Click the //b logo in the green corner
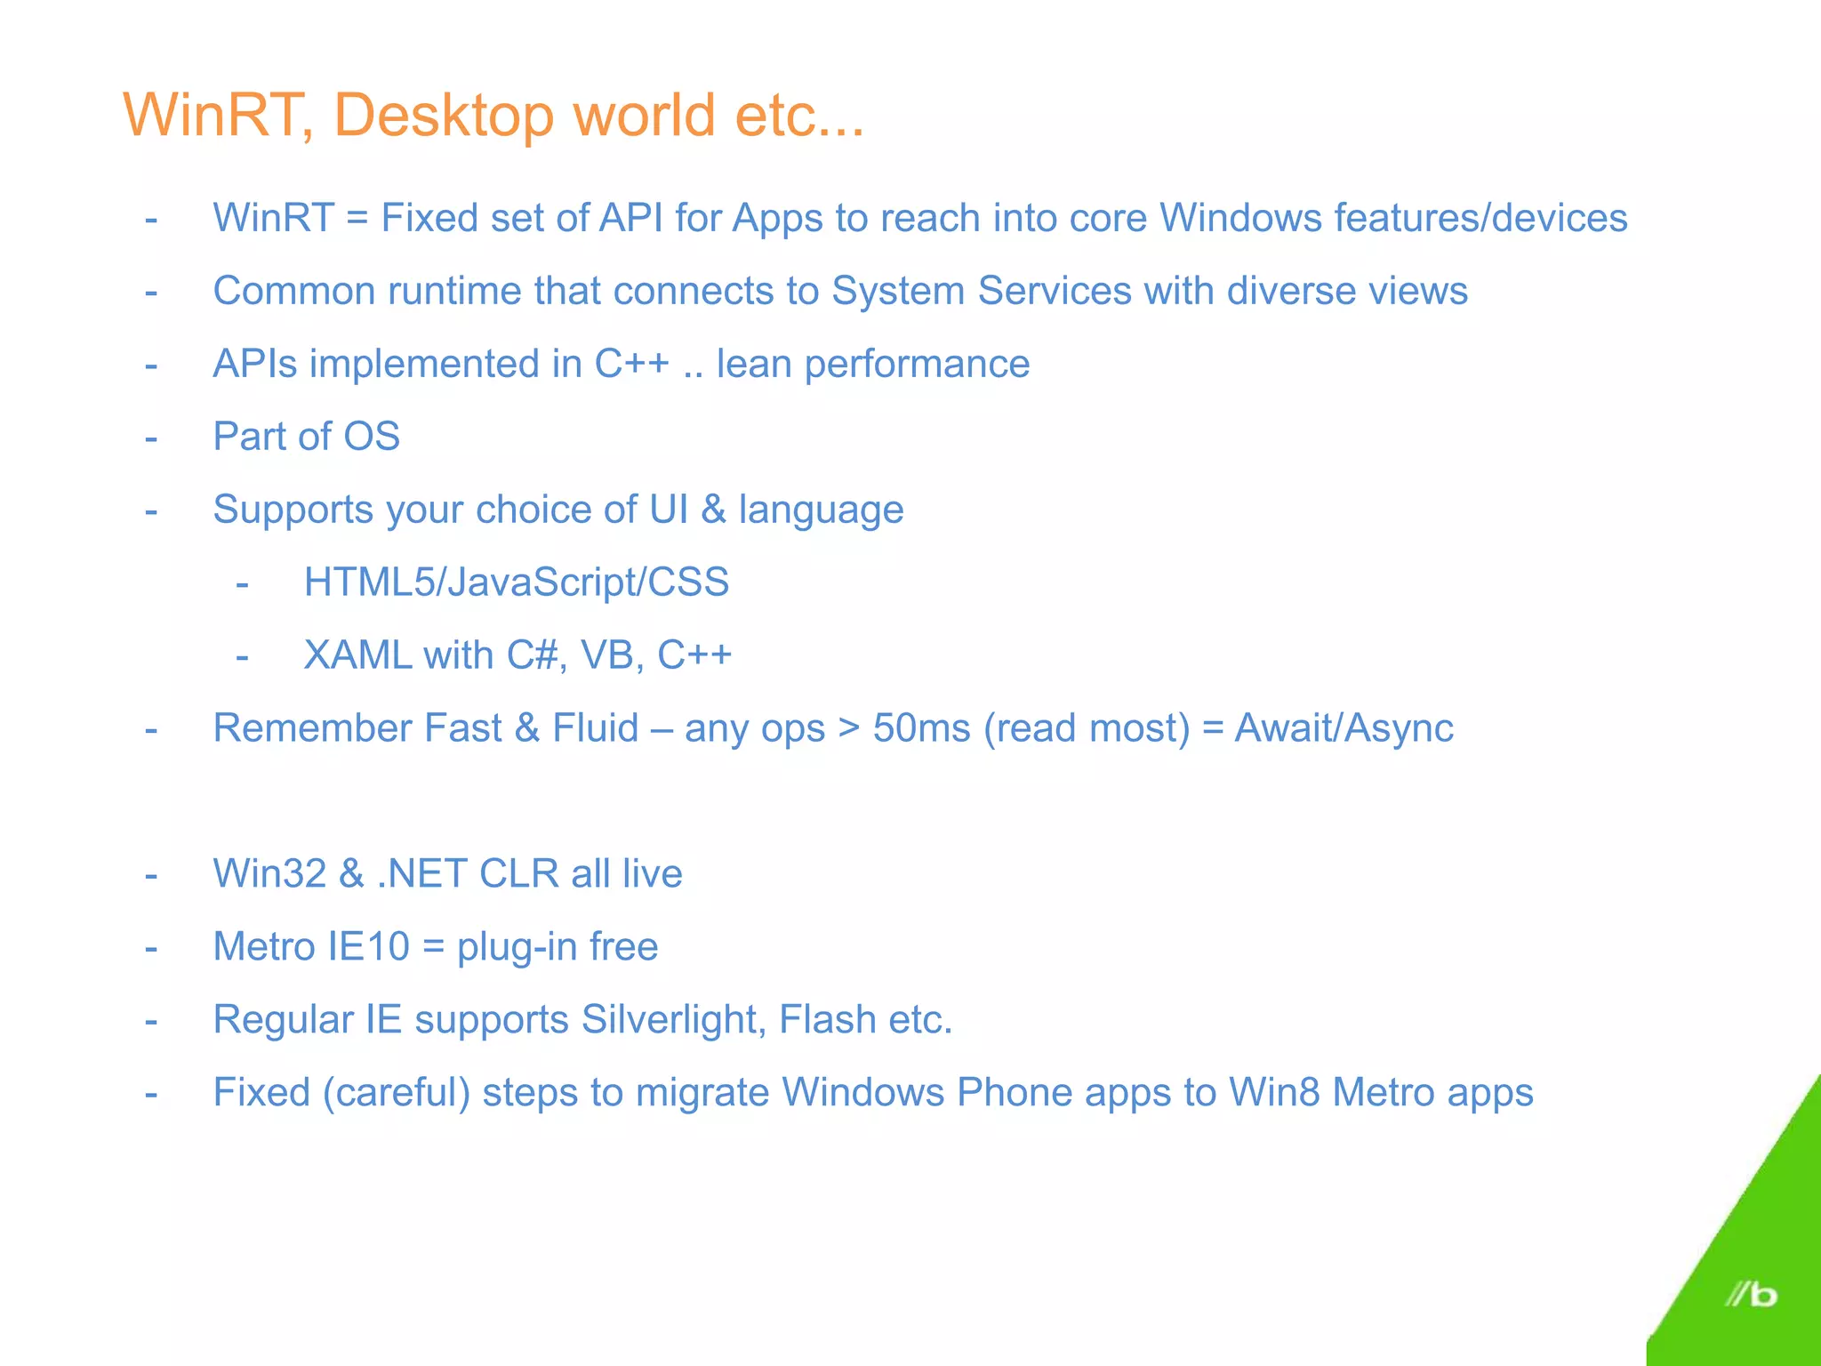click(1750, 1294)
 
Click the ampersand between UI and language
click(713, 510)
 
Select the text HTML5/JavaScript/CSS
click(516, 583)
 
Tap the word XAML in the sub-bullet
click(357, 655)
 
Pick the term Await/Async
click(1344, 728)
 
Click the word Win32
click(269, 873)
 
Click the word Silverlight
click(673, 1019)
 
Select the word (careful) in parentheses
click(396, 1092)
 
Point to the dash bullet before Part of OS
click(151, 438)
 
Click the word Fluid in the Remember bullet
click(595, 728)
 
